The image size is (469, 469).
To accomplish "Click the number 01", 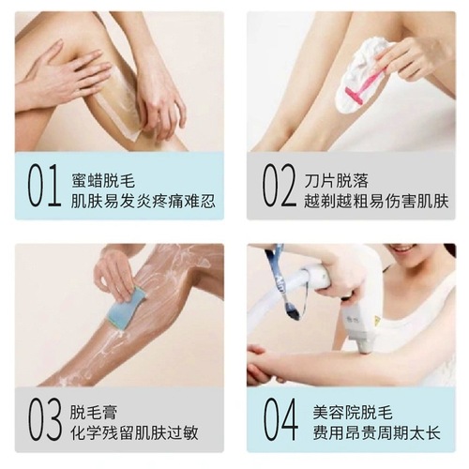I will tap(43, 187).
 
